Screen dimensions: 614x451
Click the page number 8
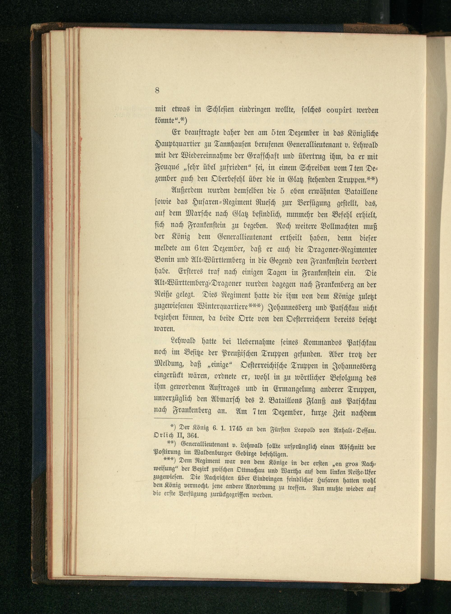pos(157,90)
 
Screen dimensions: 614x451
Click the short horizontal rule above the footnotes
pos(173,419)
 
